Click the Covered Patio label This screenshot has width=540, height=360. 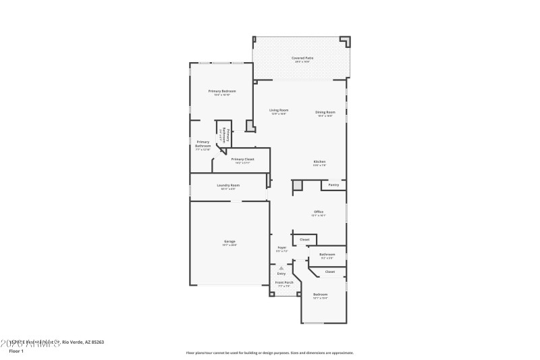tap(302, 58)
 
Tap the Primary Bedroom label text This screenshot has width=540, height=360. tap(222, 91)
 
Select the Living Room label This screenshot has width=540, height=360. tap(279, 110)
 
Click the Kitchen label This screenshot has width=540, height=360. tap(319, 161)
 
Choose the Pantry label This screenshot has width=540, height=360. tap(333, 184)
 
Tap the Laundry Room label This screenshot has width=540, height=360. tap(228, 185)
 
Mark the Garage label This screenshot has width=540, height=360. tap(230, 241)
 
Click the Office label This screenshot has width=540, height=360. tap(318, 212)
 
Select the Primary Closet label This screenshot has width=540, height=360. tap(242, 159)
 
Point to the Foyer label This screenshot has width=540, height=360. tap(282, 248)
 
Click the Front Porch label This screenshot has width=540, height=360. tap(284, 282)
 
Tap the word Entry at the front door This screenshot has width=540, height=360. tap(281, 274)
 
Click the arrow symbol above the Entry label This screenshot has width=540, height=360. tap(281, 267)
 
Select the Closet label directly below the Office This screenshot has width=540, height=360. tap(304, 239)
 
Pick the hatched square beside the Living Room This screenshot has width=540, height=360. tap(250, 126)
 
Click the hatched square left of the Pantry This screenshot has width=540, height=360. tap(298, 184)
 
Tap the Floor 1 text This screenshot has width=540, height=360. tap(16, 351)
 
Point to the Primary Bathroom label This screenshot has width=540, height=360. tap(203, 144)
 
